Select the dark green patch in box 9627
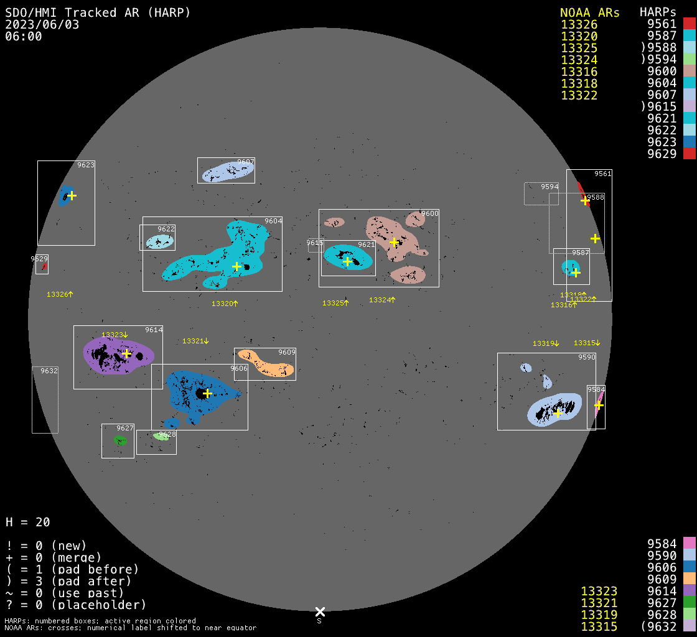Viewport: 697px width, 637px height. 120,440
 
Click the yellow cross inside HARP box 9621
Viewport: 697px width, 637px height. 347,261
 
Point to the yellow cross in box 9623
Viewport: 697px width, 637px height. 72,195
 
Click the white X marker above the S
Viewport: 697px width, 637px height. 320,612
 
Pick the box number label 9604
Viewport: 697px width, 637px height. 273,221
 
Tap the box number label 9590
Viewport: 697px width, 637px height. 587,357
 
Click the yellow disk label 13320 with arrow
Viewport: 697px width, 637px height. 225,304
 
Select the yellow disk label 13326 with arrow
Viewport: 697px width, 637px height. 60,294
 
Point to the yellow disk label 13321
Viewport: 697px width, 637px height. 195,341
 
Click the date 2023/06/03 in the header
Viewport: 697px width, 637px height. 42,24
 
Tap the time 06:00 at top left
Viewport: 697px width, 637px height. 24,36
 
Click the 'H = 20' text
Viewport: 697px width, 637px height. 28,522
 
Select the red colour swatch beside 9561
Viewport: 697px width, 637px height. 689,24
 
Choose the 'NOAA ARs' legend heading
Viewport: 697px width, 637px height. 589,13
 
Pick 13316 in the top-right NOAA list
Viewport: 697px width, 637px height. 579,72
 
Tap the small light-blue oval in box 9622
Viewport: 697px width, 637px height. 159,241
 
